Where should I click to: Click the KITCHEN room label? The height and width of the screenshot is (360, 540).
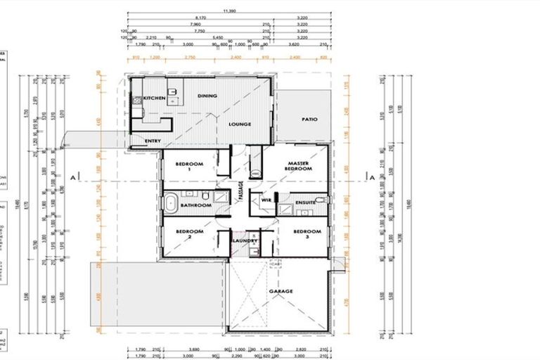(x=154, y=98)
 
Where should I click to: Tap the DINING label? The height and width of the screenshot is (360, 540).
(x=207, y=96)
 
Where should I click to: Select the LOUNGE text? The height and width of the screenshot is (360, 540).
(x=239, y=124)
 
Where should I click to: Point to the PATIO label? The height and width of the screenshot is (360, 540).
(x=309, y=119)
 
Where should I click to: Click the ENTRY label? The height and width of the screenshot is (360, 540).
(x=153, y=141)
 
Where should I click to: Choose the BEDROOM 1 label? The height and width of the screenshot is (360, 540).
(x=189, y=167)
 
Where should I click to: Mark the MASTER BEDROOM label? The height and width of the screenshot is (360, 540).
(x=299, y=166)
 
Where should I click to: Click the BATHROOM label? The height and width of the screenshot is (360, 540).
(x=195, y=205)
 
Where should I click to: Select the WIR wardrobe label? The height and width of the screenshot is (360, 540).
(x=266, y=200)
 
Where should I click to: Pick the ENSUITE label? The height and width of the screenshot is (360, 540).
(x=305, y=202)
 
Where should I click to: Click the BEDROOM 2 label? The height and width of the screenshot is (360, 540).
(x=189, y=234)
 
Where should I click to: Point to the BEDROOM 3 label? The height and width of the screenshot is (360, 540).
(x=307, y=234)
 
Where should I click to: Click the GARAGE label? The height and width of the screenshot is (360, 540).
(x=281, y=290)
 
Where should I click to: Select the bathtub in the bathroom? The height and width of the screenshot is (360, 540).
(x=171, y=205)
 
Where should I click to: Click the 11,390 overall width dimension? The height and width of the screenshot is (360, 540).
(x=229, y=11)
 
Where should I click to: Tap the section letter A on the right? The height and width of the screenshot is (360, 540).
(x=372, y=179)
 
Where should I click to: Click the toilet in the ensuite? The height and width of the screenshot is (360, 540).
(x=321, y=200)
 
